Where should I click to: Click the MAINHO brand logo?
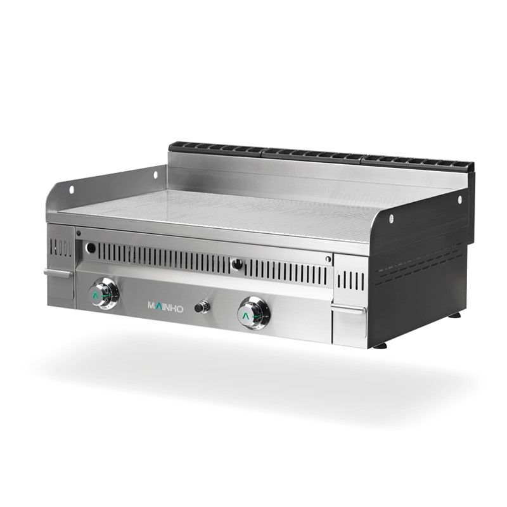[x=166, y=305]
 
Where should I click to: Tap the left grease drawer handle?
[x=58, y=273]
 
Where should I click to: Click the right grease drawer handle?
[x=348, y=309]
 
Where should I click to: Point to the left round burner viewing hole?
[x=93, y=247]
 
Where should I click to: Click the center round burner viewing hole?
[x=237, y=264]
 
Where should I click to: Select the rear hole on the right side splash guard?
[x=461, y=199]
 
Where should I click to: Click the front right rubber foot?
[x=380, y=345]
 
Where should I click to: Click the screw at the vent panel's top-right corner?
[x=328, y=258]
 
